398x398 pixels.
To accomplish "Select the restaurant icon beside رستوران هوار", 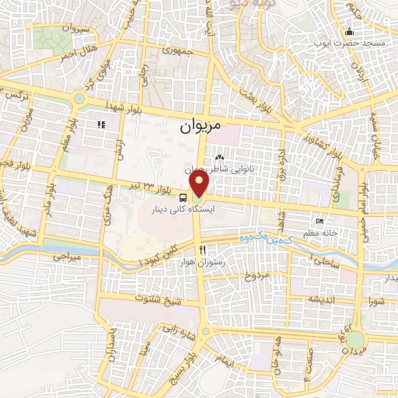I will pyautogui.click(x=203, y=250).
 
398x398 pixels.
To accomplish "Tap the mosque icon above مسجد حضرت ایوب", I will pyautogui.click(x=350, y=32).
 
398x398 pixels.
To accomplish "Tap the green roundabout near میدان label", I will pyautogui.click(x=354, y=340).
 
